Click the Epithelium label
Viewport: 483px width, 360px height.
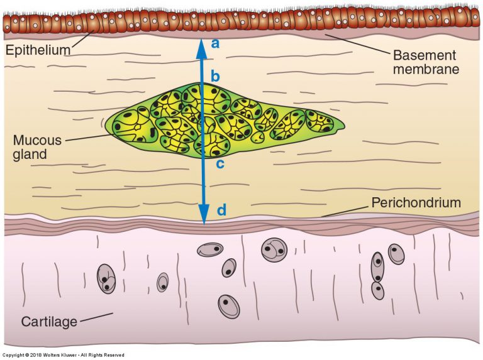[x=38, y=50]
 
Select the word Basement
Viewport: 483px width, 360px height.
[x=425, y=55]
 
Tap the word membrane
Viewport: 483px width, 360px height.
[x=426, y=69]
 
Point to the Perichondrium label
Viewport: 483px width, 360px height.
[x=416, y=203]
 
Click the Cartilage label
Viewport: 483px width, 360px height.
[x=49, y=322]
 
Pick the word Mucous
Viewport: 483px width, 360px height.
[x=37, y=140]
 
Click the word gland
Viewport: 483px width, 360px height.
[x=30, y=154]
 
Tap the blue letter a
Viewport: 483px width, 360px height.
[x=215, y=44]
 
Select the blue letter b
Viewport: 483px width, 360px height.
[x=215, y=76]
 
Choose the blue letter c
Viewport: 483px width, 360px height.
[x=220, y=165]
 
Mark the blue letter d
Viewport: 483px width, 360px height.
[x=222, y=210]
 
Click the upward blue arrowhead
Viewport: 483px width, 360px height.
[x=202, y=48]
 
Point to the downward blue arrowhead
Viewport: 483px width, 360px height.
[x=204, y=214]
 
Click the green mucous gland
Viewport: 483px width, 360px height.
[x=225, y=121]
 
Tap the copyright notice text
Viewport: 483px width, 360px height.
[x=63, y=355]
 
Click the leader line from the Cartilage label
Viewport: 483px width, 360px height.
[x=97, y=317]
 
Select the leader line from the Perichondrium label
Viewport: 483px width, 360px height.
[x=345, y=211]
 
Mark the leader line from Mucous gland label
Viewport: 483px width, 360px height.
[x=88, y=138]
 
